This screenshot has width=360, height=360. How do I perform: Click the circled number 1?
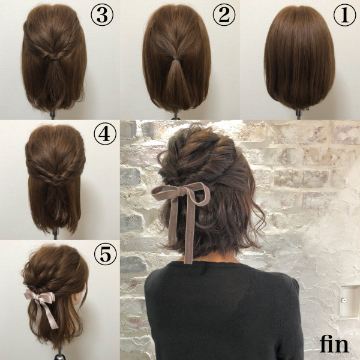point(344,16)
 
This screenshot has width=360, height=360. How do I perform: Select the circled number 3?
point(102,16)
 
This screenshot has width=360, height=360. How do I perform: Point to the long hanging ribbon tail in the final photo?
point(188,234)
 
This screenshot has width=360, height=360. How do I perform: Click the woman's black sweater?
point(222,312)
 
